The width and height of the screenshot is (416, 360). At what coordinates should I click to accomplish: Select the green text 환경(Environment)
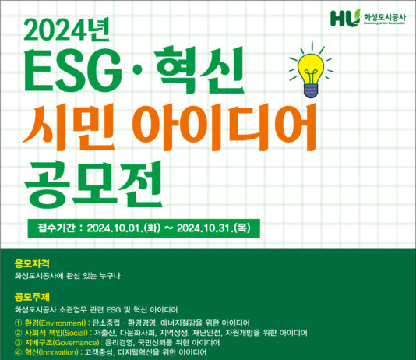(x=55, y=322)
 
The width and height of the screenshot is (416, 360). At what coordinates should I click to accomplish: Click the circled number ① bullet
(x=19, y=322)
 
